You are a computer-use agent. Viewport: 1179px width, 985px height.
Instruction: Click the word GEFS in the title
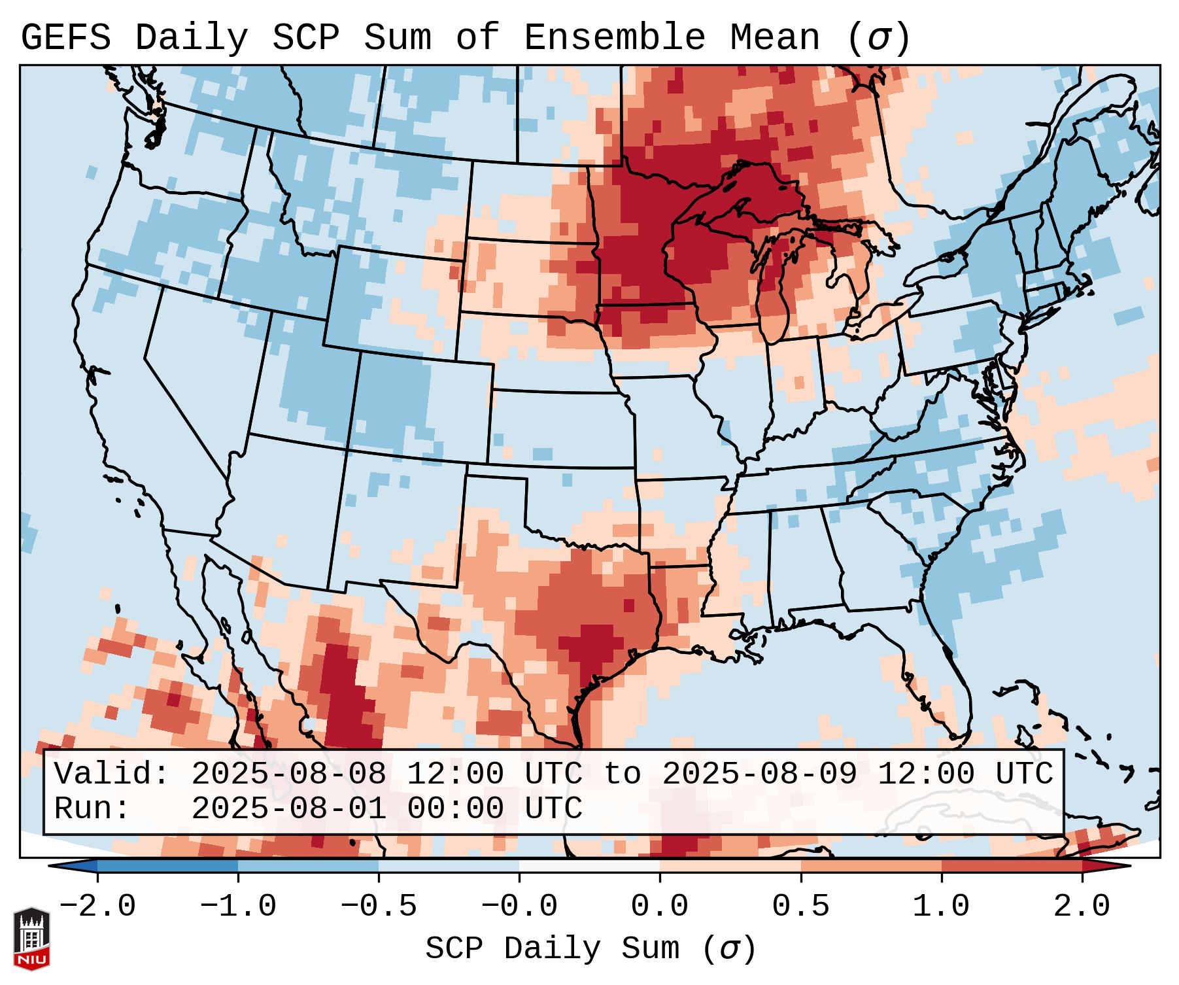coord(65,38)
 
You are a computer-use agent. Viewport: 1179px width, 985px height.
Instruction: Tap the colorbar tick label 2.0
coord(1082,907)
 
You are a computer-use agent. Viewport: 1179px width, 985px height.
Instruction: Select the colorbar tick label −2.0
coord(97,907)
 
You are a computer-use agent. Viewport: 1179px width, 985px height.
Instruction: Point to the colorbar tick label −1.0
coord(238,907)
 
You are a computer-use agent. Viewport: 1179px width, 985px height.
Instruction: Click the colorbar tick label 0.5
coord(800,907)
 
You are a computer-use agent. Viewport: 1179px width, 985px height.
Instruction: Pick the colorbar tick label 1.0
coord(941,907)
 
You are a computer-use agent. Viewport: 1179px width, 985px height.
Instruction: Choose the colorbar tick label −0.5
coord(379,907)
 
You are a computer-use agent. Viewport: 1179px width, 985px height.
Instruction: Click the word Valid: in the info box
coord(112,774)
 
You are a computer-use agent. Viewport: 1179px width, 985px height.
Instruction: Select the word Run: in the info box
coord(92,809)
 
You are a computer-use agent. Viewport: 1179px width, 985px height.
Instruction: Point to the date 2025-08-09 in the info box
coord(759,774)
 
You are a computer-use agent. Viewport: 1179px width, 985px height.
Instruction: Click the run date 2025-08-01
coord(288,809)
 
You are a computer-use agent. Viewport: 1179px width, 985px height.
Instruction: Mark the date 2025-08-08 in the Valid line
coord(288,774)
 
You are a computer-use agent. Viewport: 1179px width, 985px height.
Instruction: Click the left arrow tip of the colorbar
coord(52,866)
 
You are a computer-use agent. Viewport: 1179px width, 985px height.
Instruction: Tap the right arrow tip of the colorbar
coord(1127,866)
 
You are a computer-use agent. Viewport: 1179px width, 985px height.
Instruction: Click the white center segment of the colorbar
coord(589,866)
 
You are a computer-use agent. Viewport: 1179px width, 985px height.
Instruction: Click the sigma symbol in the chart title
coord(878,38)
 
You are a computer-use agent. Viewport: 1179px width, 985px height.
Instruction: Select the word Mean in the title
coord(774,38)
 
